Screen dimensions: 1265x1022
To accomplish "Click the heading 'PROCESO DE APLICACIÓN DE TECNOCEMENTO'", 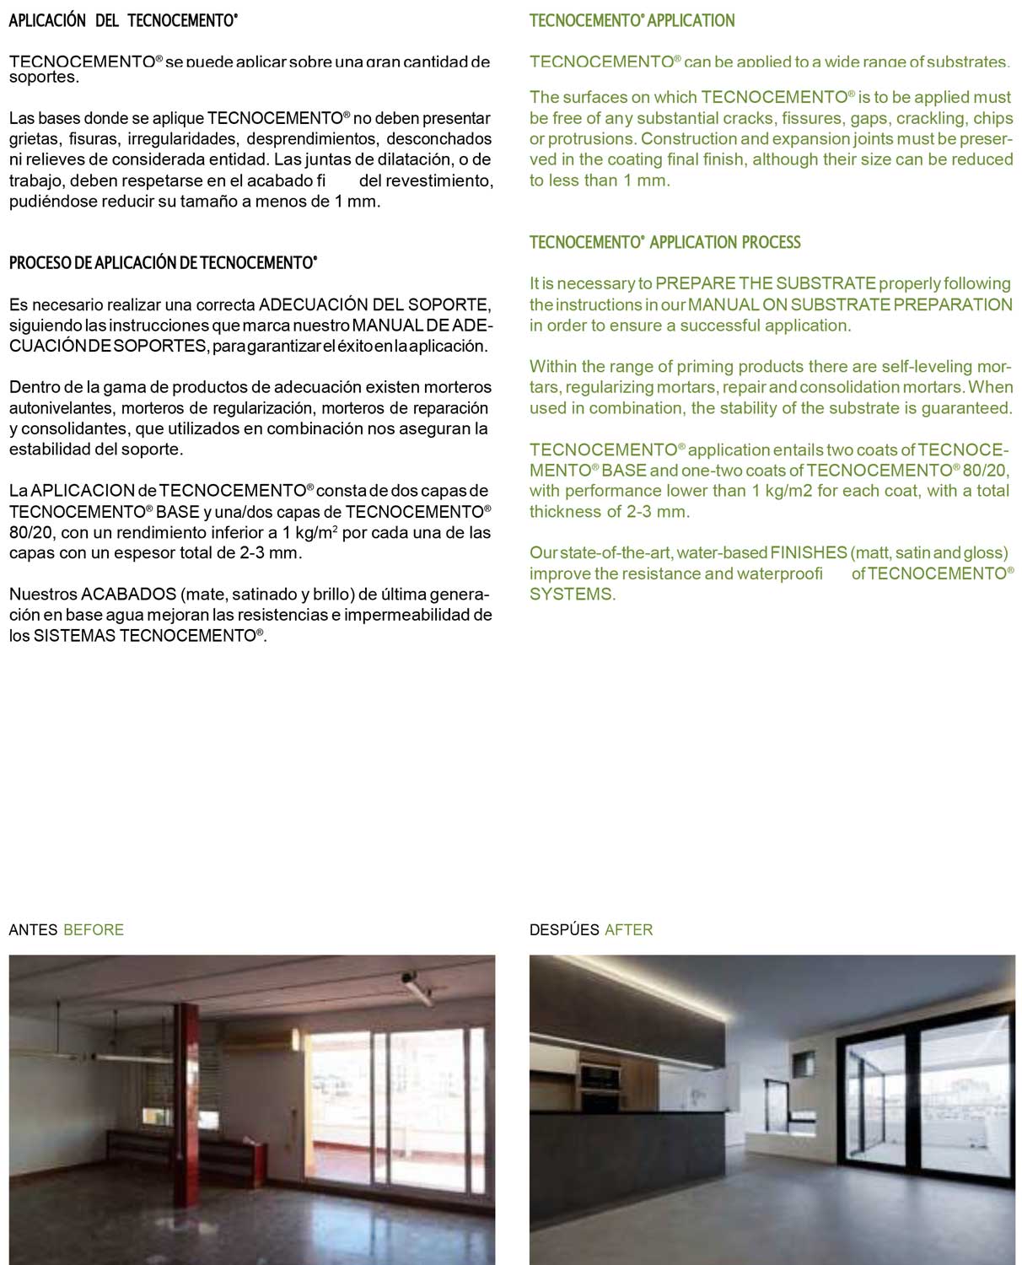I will (x=163, y=263).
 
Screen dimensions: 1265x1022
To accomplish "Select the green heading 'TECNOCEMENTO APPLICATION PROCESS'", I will (x=664, y=243).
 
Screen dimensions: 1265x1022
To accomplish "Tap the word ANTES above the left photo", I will (x=33, y=930).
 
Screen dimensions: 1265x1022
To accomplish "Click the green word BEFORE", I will (x=94, y=930).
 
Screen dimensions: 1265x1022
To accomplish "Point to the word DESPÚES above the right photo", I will (x=564, y=930).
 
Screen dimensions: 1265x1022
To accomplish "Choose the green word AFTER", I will (x=629, y=930).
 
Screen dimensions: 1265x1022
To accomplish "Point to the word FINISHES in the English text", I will (x=809, y=553).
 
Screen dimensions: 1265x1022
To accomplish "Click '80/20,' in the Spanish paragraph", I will (x=31, y=533).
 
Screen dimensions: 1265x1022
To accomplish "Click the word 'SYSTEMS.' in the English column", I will (x=573, y=595).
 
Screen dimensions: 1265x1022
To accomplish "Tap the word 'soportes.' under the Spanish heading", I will (x=44, y=78).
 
